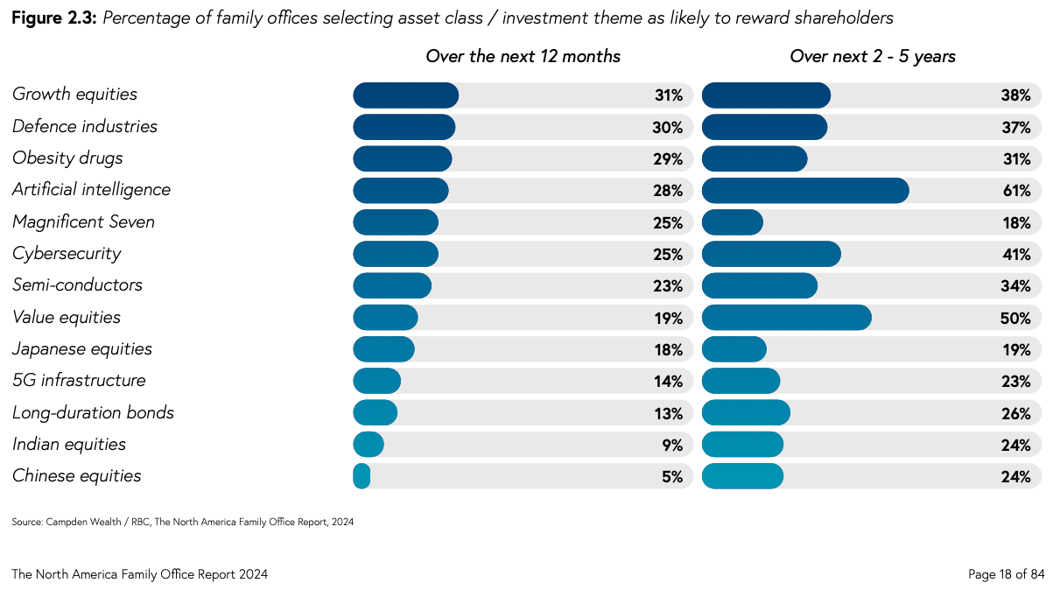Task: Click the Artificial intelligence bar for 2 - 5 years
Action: point(805,190)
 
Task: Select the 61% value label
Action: point(1015,190)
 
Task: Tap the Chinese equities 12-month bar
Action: point(362,476)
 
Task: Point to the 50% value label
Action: point(1015,318)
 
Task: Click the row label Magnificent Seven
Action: point(83,221)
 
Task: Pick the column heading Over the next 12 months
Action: point(523,56)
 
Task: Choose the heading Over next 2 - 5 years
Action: point(872,56)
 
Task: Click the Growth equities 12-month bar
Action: point(405,95)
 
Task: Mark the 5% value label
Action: point(671,476)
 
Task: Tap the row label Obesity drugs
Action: point(67,158)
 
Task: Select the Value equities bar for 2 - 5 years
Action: point(786,318)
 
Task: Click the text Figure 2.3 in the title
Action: point(53,18)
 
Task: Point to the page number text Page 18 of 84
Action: point(1006,574)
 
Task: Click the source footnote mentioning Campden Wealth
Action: point(182,522)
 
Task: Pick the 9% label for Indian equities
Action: point(671,445)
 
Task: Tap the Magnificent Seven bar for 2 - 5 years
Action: point(733,222)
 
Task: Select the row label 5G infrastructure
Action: point(79,381)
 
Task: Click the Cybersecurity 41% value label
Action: point(1015,254)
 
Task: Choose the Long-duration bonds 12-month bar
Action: point(375,412)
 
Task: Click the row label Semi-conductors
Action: point(77,285)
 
